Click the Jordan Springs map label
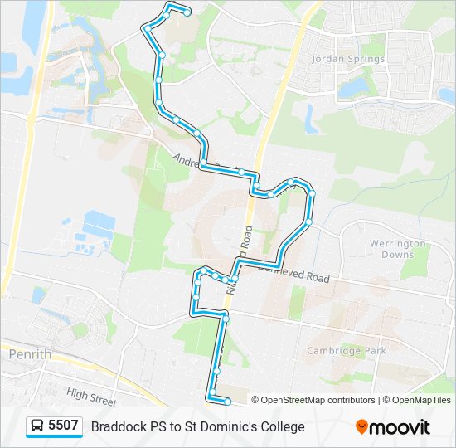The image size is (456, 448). coord(348,59)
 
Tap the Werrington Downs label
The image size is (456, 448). coord(398,249)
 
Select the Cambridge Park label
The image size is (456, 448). coord(347,351)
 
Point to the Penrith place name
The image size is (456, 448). coord(30,354)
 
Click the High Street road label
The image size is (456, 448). coord(91,397)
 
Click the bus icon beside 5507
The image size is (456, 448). coord(37,426)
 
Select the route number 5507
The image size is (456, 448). coord(63,426)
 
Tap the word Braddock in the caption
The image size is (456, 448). coord(119,427)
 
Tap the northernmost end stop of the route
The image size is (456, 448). coord(187,12)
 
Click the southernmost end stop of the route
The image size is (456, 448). coord(228,401)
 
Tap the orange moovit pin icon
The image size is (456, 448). coord(361,426)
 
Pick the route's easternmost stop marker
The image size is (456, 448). coord(312,192)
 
